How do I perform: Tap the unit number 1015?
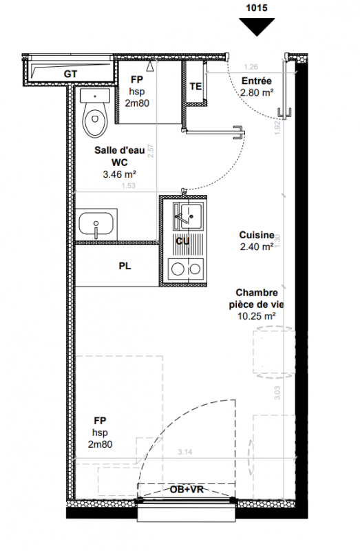[257, 8]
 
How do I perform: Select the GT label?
[71, 74]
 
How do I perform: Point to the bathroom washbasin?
[96, 225]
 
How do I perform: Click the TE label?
[195, 86]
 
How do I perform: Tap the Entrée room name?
[256, 81]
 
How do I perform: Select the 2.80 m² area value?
[257, 92]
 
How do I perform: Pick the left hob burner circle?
[177, 269]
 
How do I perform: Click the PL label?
[125, 266]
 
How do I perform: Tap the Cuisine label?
[256, 235]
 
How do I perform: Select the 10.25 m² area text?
[256, 316]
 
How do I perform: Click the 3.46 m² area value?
[119, 174]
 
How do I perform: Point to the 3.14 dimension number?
[185, 452]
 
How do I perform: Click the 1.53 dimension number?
[129, 185]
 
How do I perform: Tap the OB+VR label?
[187, 489]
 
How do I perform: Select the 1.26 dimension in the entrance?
[251, 67]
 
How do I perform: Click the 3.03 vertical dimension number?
[277, 393]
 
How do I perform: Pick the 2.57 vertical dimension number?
[151, 151]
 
